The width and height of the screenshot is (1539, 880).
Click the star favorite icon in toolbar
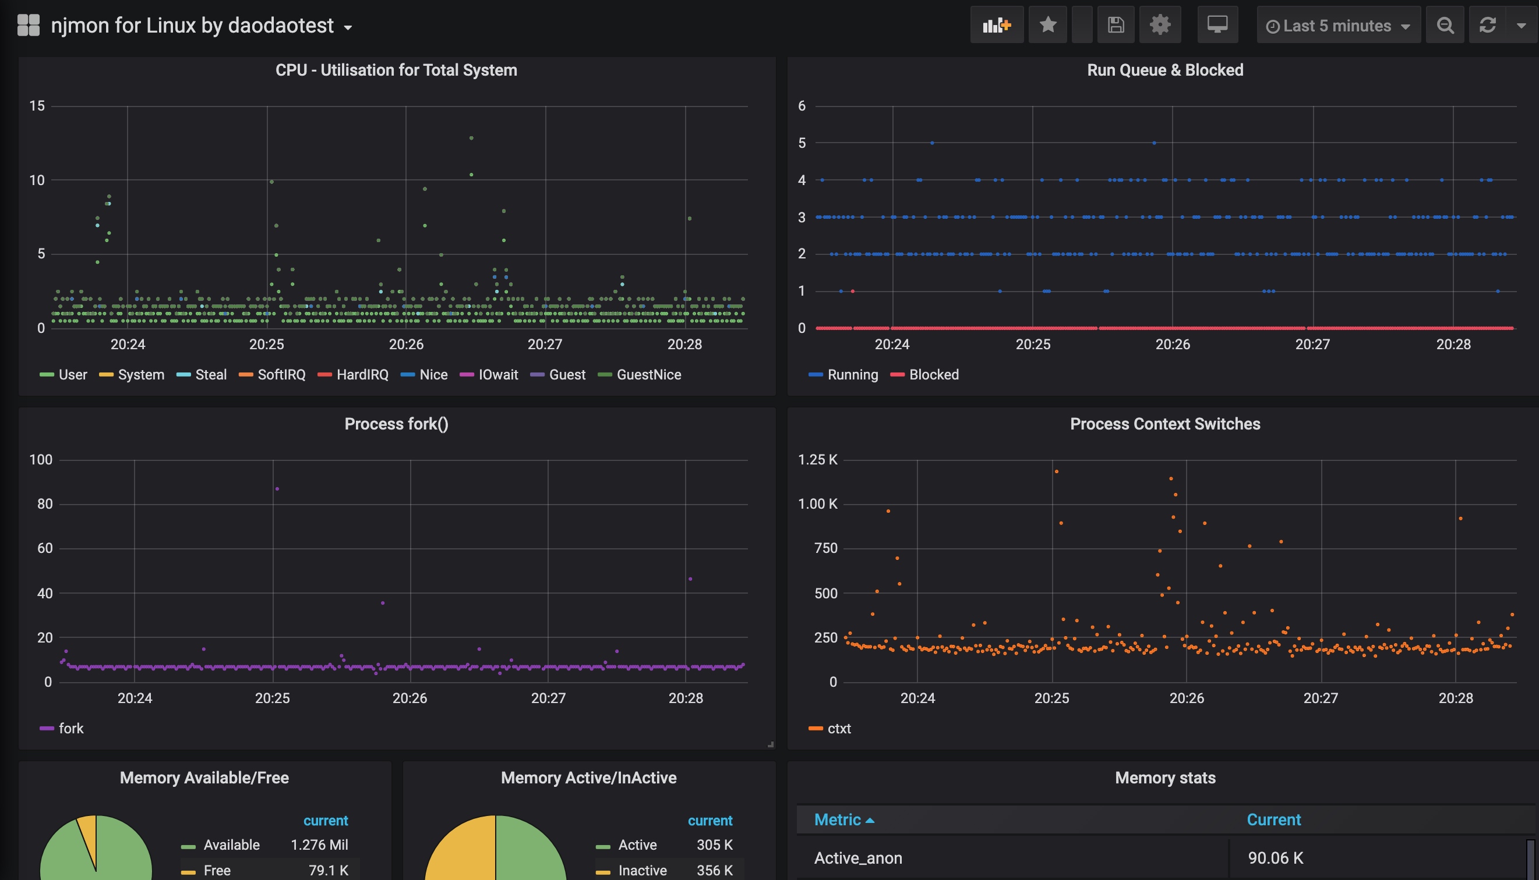click(x=1047, y=25)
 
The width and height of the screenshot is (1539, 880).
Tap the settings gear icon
click(x=1159, y=25)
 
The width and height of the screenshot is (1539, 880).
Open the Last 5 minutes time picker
click(x=1337, y=26)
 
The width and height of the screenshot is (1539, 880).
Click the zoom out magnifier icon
click(x=1445, y=26)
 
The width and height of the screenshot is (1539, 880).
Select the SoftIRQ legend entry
click(x=281, y=375)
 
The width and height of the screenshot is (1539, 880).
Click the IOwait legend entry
click(x=497, y=375)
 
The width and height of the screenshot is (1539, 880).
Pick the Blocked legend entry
click(x=933, y=375)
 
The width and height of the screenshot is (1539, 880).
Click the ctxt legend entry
click(x=838, y=728)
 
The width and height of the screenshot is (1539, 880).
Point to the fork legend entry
click(x=70, y=728)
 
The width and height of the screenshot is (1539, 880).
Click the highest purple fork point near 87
click(x=277, y=489)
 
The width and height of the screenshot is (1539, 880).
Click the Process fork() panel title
click(x=396, y=424)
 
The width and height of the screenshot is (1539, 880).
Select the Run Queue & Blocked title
click(x=1164, y=70)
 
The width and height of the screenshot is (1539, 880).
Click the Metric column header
click(x=838, y=819)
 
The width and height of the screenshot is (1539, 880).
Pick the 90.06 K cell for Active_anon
click(x=1275, y=858)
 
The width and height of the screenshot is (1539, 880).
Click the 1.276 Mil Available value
click(x=319, y=844)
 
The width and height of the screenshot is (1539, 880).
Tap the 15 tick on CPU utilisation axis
click(x=37, y=106)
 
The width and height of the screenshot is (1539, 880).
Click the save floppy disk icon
click(x=1115, y=25)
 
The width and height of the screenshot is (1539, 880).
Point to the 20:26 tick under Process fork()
click(x=410, y=698)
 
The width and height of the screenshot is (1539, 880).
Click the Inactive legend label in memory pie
click(x=641, y=870)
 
